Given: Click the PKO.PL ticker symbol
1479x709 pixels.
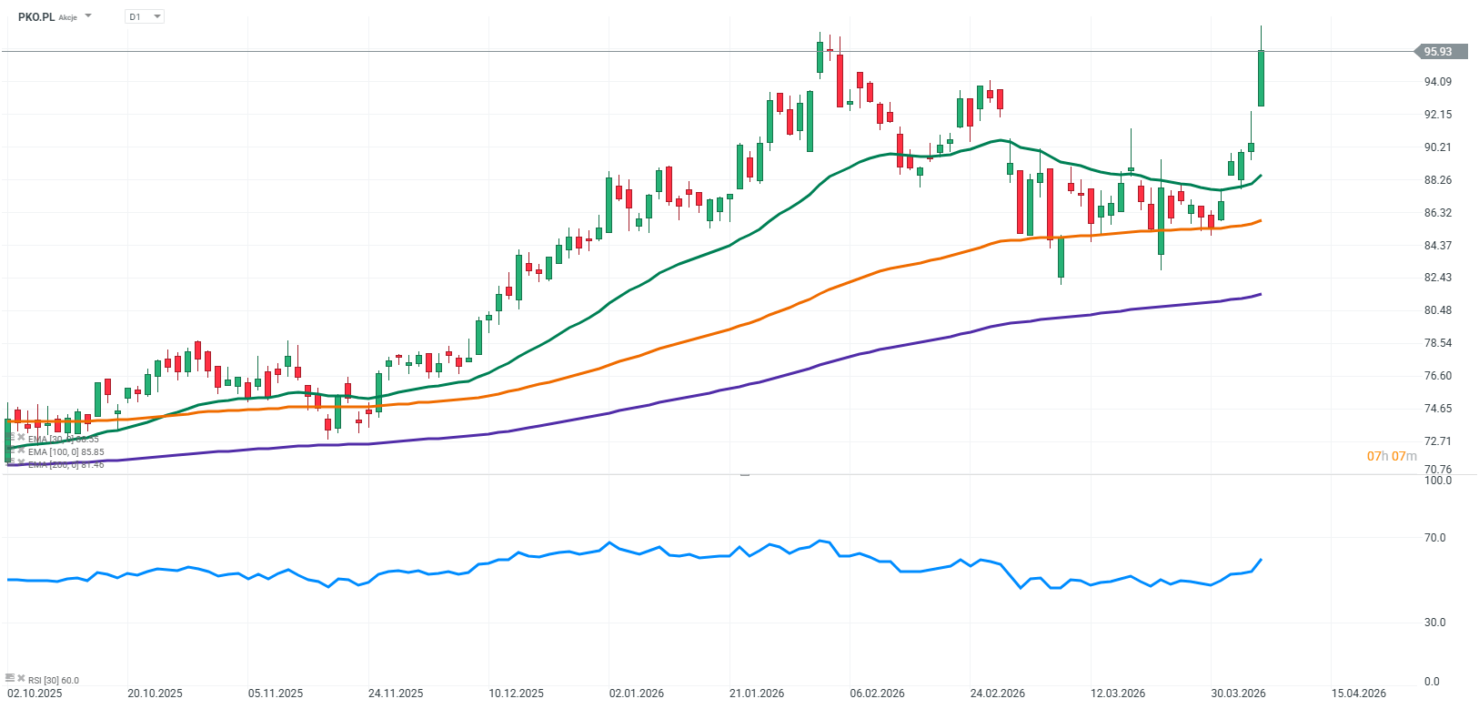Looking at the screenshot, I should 35,16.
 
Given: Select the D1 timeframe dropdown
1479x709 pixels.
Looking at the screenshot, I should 144,16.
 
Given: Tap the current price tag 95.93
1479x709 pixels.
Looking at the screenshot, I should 1440,52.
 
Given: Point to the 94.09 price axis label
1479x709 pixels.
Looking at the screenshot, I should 1437,82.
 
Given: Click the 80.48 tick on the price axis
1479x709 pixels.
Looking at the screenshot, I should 1437,310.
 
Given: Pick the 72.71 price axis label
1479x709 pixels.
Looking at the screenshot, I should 1437,441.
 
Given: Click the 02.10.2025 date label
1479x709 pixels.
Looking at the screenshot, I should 35,694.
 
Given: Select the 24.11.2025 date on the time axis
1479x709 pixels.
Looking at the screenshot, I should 396,694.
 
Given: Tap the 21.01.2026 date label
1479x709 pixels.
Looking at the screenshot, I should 757,694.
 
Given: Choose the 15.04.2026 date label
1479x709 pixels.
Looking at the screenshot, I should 1359,694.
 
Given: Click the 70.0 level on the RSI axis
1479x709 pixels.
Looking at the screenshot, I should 1434,538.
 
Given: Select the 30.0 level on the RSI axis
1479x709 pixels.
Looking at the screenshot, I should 1434,623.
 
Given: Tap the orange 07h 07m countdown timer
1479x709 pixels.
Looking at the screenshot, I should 1392,456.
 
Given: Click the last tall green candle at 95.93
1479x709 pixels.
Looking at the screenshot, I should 1261,78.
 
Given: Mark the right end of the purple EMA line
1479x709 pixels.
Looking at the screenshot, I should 1261,294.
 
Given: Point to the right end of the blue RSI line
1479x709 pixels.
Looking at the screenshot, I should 1261,560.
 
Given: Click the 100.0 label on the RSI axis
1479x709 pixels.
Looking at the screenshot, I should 1437,481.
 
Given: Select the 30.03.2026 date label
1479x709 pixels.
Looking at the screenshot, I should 1238,694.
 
